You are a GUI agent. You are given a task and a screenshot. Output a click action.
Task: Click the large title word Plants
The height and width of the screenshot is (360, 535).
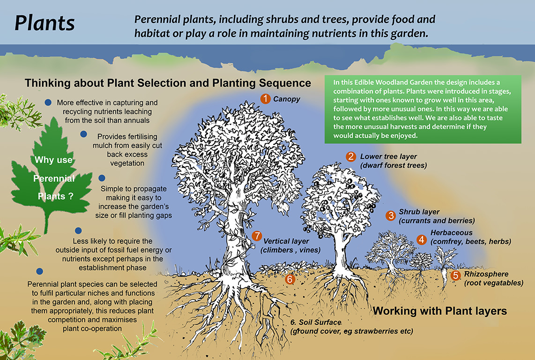(x=45, y=23)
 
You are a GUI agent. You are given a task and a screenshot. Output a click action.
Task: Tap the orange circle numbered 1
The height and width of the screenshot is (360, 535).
(x=266, y=98)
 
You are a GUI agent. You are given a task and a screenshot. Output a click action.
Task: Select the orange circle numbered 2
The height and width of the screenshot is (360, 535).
(x=350, y=157)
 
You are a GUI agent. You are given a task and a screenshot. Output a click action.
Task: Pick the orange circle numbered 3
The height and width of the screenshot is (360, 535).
(x=391, y=216)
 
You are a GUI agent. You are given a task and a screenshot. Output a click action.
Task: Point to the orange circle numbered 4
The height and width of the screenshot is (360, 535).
(x=422, y=240)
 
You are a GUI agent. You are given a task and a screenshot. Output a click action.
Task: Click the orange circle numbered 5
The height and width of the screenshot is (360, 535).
(x=455, y=276)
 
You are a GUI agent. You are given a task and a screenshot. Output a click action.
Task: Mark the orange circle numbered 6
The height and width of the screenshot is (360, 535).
(x=290, y=279)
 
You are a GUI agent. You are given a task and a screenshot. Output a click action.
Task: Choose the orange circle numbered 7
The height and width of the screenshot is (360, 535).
(x=256, y=236)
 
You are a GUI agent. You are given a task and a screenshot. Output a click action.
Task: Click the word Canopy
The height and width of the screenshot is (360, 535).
(x=286, y=99)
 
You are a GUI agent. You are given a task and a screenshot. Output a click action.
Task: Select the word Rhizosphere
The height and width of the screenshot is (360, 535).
(x=486, y=274)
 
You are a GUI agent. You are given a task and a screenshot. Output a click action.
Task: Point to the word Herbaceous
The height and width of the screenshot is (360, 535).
(x=452, y=232)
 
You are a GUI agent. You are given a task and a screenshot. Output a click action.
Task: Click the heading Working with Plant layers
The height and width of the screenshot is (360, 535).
(x=440, y=311)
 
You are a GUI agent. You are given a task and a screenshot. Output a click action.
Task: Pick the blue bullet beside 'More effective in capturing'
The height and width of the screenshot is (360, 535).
(x=48, y=103)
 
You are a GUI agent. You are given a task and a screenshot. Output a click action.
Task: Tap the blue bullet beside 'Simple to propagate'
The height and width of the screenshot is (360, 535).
(x=102, y=178)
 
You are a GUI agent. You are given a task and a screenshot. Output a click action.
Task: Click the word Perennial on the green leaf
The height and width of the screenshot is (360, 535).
(x=54, y=179)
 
